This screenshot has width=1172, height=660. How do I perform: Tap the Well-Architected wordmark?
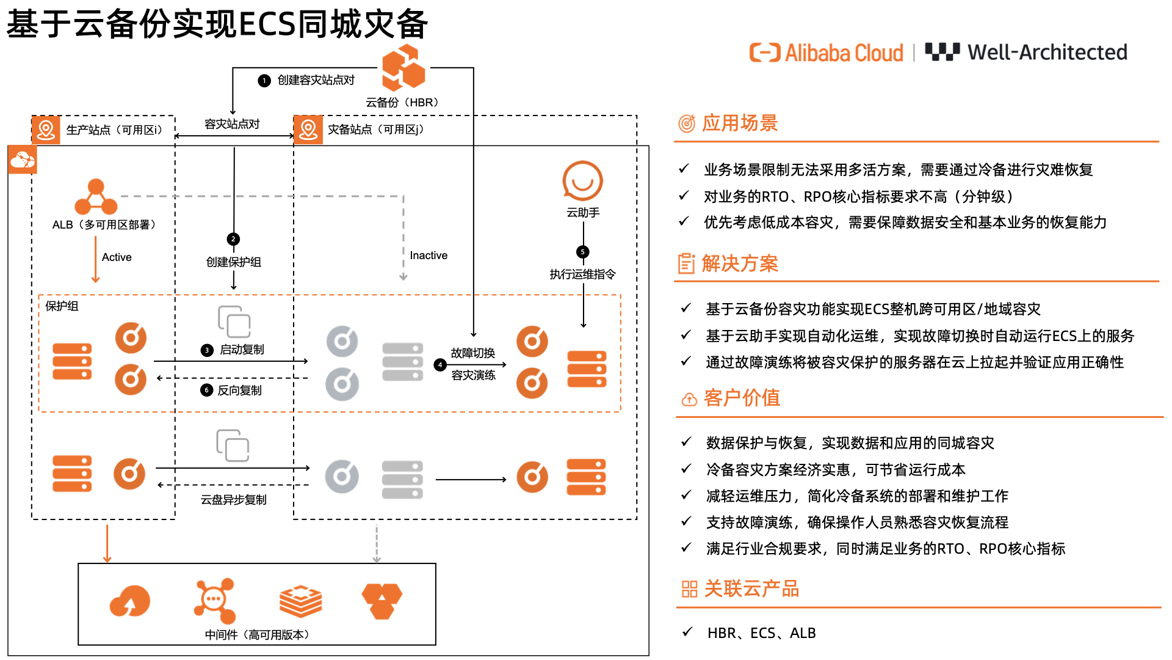pyautogui.click(x=1047, y=53)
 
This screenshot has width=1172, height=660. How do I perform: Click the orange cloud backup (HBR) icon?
pyautogui.click(x=403, y=68)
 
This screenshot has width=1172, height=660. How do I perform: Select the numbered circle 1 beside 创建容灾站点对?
pyautogui.click(x=264, y=81)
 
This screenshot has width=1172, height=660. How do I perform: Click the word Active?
pyautogui.click(x=117, y=257)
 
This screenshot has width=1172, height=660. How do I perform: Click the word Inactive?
pyautogui.click(x=429, y=255)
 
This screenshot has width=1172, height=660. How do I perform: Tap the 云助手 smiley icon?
pyautogui.click(x=582, y=181)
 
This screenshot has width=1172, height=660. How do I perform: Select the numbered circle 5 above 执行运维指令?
pyautogui.click(x=583, y=252)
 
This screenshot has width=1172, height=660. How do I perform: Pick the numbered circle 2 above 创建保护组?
pyautogui.click(x=233, y=239)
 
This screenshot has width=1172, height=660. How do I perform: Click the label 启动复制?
pyautogui.click(x=242, y=350)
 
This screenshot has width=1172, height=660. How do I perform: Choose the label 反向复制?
pyautogui.click(x=239, y=391)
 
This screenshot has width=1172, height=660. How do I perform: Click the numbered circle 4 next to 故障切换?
pyautogui.click(x=440, y=365)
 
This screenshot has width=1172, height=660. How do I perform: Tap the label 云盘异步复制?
pyautogui.click(x=233, y=500)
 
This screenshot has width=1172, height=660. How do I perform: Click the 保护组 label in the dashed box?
pyautogui.click(x=62, y=306)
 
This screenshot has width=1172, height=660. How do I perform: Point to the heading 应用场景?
pyautogui.click(x=739, y=123)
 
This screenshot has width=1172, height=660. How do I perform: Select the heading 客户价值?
pyautogui.click(x=742, y=398)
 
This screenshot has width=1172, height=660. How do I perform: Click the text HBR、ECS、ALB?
pyautogui.click(x=761, y=633)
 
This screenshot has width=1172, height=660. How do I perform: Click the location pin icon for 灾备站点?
pyautogui.click(x=308, y=130)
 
